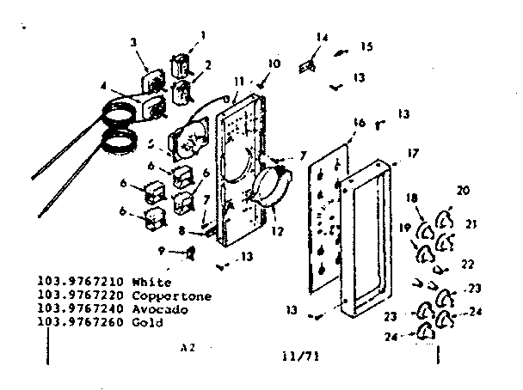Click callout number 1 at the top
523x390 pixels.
click(203, 35)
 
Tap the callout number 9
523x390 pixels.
click(159, 250)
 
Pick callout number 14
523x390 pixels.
click(322, 37)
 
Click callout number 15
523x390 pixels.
click(366, 46)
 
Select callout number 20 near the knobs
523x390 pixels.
click(463, 191)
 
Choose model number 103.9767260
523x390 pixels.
click(76, 323)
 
